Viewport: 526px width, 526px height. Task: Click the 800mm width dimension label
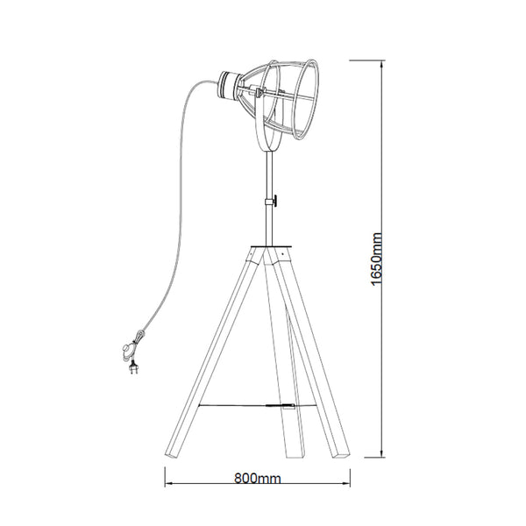pyautogui.click(x=257, y=480)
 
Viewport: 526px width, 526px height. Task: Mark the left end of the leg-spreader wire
pyautogui.click(x=201, y=404)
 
